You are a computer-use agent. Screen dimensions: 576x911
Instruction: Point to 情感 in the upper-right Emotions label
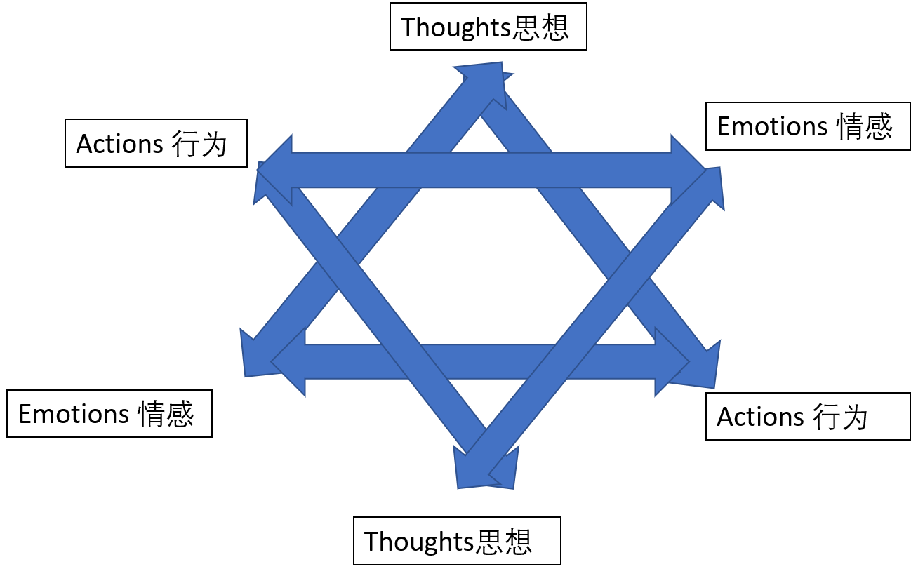[865, 127]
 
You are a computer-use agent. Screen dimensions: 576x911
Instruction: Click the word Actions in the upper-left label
[119, 144]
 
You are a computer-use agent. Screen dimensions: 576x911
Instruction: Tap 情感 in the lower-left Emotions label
[166, 415]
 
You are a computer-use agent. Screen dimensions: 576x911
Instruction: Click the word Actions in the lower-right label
[760, 417]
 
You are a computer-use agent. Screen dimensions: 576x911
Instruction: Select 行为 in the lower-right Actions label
[841, 417]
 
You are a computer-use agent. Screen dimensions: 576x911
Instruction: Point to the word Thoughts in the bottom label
[419, 542]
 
